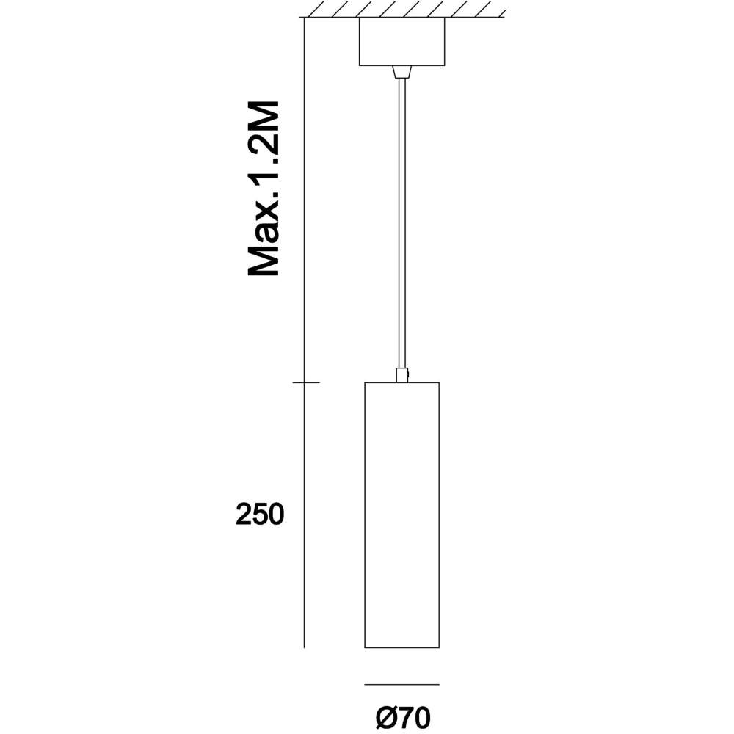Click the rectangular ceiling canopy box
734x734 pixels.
[401, 41]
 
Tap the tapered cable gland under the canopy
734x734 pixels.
[401, 72]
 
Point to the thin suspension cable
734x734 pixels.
[401, 223]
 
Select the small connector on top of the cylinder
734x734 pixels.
[402, 375]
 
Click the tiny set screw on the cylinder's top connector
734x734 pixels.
[408, 374]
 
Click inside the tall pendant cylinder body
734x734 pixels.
[401, 515]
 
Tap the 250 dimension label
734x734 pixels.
[260, 515]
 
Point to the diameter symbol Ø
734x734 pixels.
[386, 718]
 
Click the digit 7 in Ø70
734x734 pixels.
[405, 718]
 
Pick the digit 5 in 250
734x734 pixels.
[260, 515]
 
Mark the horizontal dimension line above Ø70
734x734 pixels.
[401, 684]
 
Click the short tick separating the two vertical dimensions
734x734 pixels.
[306, 382]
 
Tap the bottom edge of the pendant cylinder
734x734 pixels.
[401, 648]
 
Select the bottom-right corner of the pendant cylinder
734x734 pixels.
[439, 648]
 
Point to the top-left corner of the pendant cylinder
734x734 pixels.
[365, 382]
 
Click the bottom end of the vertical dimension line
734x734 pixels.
[305, 648]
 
